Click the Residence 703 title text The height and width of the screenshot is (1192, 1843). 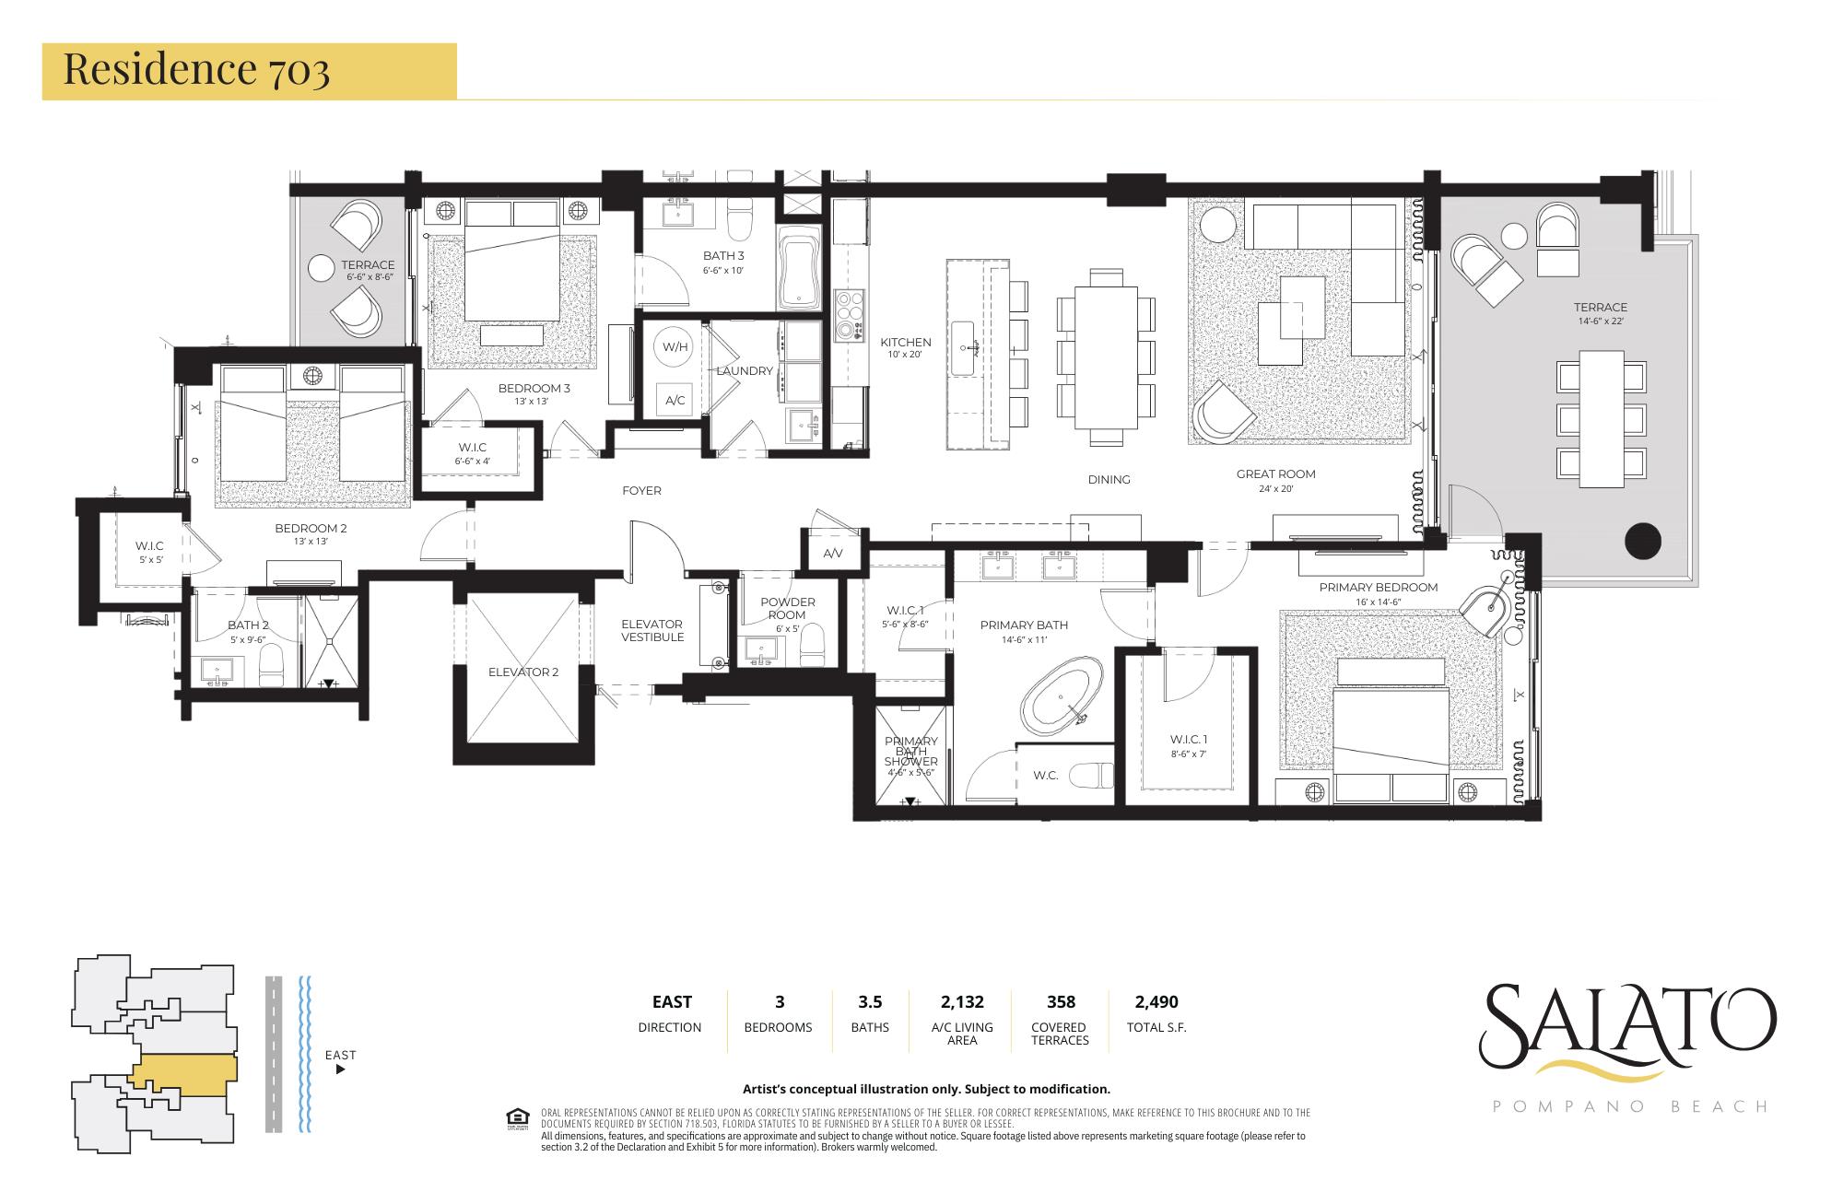pyautogui.click(x=196, y=70)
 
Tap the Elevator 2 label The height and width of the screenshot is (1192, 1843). pyautogui.click(x=523, y=672)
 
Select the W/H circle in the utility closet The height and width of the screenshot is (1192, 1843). pyautogui.click(x=675, y=347)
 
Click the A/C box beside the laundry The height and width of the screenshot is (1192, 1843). pyautogui.click(x=675, y=400)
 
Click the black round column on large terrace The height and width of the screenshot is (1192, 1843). pyautogui.click(x=1641, y=541)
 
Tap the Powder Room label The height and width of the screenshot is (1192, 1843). pyautogui.click(x=787, y=608)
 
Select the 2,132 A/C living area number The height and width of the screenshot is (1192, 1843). pyautogui.click(x=962, y=1001)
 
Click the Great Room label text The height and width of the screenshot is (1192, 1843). pyautogui.click(x=1275, y=474)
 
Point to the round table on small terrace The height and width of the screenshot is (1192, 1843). pyautogui.click(x=321, y=268)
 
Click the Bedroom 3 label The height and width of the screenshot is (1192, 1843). pyautogui.click(x=534, y=388)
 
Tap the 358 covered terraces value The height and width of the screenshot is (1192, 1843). pyautogui.click(x=1061, y=1001)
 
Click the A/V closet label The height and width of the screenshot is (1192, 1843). pyautogui.click(x=832, y=554)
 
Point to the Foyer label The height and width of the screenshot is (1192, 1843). pyautogui.click(x=641, y=491)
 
